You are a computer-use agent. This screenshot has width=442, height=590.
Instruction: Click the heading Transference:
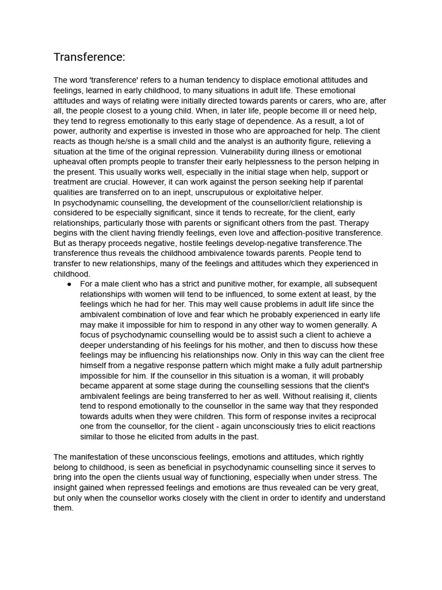click(x=89, y=57)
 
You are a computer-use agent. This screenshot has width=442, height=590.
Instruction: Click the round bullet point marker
click(x=69, y=284)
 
